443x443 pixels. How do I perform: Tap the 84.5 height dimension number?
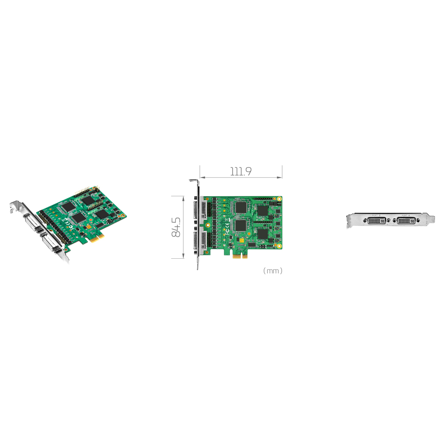pyautogui.click(x=176, y=227)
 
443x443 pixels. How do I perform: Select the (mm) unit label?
pyautogui.click(x=272, y=271)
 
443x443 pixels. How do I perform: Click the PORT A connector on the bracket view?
pyautogui.click(x=406, y=220)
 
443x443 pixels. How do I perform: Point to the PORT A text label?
pyautogui.click(x=406, y=215)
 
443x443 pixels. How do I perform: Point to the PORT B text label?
pyautogui.click(x=376, y=215)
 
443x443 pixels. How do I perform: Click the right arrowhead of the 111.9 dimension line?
pyautogui.click(x=280, y=178)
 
